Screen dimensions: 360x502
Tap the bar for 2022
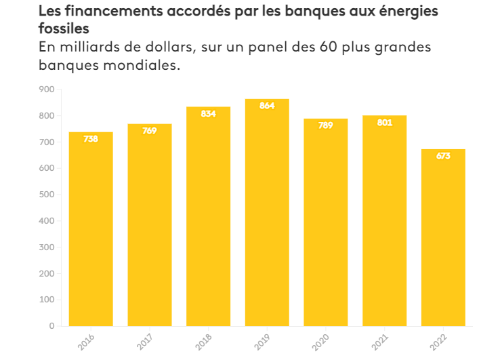(x=443, y=237)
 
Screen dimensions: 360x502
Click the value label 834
(x=208, y=114)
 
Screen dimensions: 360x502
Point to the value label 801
(x=384, y=123)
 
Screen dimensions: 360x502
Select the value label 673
(x=443, y=156)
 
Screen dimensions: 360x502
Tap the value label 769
(x=150, y=131)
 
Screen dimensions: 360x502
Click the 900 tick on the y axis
(x=47, y=89)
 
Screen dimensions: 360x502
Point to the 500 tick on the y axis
(x=47, y=195)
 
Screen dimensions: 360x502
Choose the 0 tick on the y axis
(x=51, y=326)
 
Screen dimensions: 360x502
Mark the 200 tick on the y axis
(x=47, y=273)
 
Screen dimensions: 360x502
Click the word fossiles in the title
(x=64, y=30)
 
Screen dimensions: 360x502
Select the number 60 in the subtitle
(x=299, y=48)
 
